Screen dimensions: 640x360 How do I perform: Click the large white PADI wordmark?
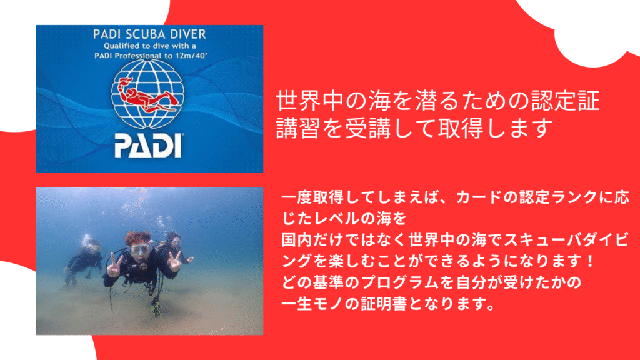(x=148, y=145)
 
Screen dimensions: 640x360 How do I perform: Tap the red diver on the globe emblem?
(x=147, y=96)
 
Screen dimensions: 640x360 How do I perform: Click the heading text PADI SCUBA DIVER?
(x=149, y=34)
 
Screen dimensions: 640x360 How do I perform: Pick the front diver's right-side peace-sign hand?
(x=176, y=261)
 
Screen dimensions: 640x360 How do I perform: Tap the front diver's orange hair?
(x=138, y=239)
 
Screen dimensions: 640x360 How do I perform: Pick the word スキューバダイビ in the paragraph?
(x=566, y=240)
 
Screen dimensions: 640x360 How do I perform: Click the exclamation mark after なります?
(x=589, y=261)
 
